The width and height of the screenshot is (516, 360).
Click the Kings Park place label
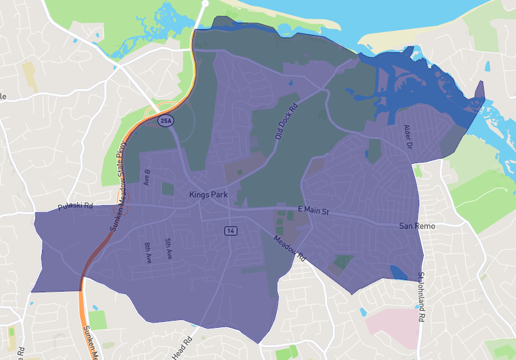click(x=207, y=194)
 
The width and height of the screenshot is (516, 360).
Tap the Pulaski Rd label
click(x=75, y=206)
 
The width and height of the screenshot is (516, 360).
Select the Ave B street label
click(x=147, y=177)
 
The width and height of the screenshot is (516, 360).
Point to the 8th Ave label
click(x=148, y=253)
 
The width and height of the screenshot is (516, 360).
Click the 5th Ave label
click(x=168, y=248)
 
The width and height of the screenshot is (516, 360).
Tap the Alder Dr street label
click(x=409, y=135)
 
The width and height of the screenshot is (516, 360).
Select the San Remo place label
click(x=417, y=226)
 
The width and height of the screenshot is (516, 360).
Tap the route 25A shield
click(x=165, y=120)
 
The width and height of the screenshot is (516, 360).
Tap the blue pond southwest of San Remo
click(x=397, y=271)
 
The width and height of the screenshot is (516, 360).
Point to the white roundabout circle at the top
click(x=204, y=3)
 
